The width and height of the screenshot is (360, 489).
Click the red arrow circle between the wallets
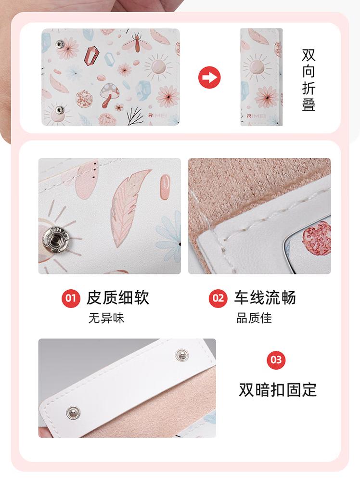click(x=209, y=77)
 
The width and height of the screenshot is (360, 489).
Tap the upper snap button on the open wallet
click(x=59, y=44)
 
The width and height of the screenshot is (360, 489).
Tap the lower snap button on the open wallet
click(x=59, y=110)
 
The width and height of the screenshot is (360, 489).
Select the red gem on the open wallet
click(x=91, y=54)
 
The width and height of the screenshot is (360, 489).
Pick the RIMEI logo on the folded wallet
click(x=256, y=116)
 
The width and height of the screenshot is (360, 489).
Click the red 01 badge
click(x=70, y=298)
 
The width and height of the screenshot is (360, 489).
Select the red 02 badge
click(x=218, y=298)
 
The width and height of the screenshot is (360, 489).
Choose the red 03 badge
click(x=276, y=360)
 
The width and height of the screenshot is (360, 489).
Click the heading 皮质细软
click(x=118, y=297)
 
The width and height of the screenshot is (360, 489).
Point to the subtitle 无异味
click(x=106, y=319)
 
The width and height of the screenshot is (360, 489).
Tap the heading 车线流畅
click(x=265, y=297)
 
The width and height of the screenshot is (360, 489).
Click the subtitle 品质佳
click(x=254, y=319)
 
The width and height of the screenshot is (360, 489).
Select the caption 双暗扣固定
click(x=278, y=389)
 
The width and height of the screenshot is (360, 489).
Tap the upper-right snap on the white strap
click(x=181, y=355)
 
